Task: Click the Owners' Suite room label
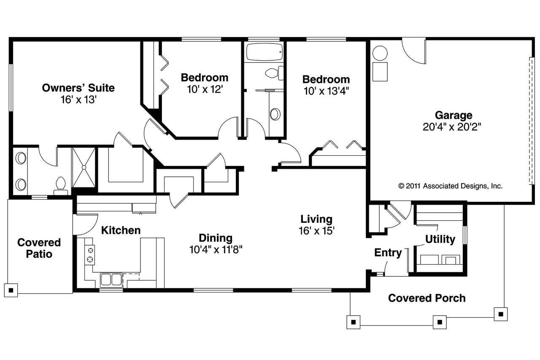(78, 88)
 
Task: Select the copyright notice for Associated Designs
(450, 186)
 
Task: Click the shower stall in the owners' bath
(84, 167)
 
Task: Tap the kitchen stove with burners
(90, 255)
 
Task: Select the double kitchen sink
(111, 279)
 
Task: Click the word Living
(316, 219)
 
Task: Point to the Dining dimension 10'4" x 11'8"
(216, 249)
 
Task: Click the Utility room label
(440, 239)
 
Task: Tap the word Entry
(388, 253)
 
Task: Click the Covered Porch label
(427, 298)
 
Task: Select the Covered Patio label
(39, 248)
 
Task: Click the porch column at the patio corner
(11, 290)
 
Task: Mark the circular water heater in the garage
(380, 54)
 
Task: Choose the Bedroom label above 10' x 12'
(205, 78)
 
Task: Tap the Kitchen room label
(121, 230)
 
